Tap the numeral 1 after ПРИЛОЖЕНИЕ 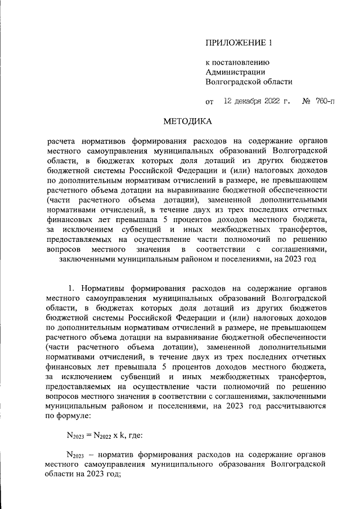271,43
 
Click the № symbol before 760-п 307,102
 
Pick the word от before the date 210,102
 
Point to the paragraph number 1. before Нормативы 70,289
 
